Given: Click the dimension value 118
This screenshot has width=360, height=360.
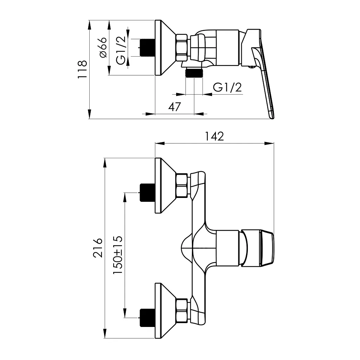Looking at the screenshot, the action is pyautogui.click(x=82, y=69).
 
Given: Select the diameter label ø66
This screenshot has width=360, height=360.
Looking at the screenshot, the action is pyautogui.click(x=103, y=47).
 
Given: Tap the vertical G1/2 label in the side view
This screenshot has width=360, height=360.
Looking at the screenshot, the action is pyautogui.click(x=121, y=51).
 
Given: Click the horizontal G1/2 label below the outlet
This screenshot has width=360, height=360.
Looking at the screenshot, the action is pyautogui.click(x=227, y=88).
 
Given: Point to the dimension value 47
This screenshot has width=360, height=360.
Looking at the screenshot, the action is pyautogui.click(x=174, y=107).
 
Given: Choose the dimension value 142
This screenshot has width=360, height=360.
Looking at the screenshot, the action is pyautogui.click(x=214, y=136).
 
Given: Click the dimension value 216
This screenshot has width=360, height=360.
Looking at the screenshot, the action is pyautogui.click(x=98, y=247).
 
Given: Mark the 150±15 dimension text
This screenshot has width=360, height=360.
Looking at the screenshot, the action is pyautogui.click(x=118, y=255).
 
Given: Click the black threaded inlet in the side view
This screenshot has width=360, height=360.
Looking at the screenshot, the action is pyautogui.click(x=147, y=47).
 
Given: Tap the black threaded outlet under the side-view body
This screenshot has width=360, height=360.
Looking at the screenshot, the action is pyautogui.click(x=194, y=73).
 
